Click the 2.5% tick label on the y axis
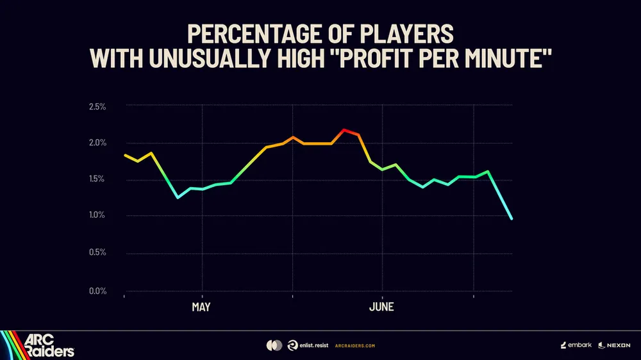click(x=97, y=106)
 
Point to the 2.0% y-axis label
click(x=97, y=143)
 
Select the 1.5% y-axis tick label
click(x=97, y=179)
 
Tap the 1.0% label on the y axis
click(x=97, y=215)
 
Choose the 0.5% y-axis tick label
click(x=97, y=252)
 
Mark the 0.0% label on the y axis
click(x=97, y=291)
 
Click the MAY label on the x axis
click(x=201, y=307)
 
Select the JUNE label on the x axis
click(x=381, y=307)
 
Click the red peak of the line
click(x=344, y=130)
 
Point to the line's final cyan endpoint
click(x=512, y=218)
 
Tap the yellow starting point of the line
click(x=125, y=155)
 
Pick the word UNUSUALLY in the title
click(x=211, y=58)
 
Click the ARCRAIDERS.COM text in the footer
click(x=355, y=346)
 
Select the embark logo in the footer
click(x=576, y=345)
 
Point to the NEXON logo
click(x=615, y=346)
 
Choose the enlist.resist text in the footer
click(x=313, y=345)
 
